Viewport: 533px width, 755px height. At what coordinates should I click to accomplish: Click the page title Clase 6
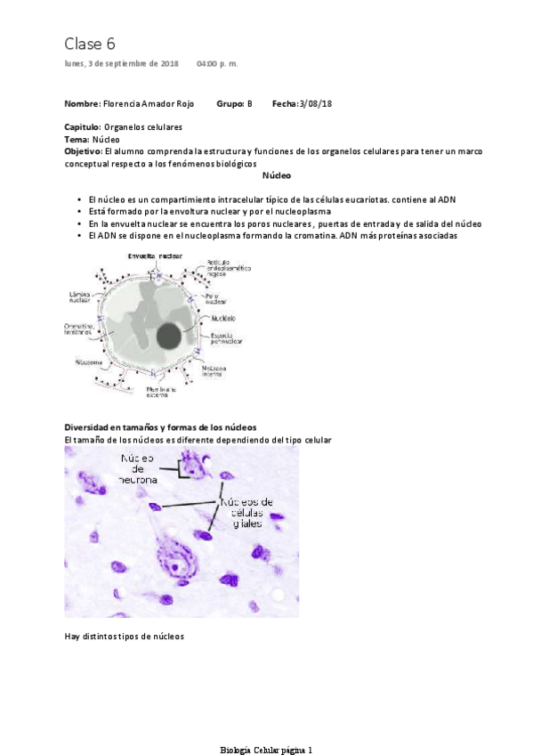click(90, 44)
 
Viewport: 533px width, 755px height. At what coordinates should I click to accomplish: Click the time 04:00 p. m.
click(217, 64)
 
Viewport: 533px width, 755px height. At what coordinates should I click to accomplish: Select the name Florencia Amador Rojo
click(149, 104)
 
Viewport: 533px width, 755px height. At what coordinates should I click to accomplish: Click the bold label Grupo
click(230, 104)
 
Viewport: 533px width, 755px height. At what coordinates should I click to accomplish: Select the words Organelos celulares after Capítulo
click(143, 128)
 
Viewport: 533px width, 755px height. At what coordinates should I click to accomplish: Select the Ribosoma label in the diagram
click(76, 362)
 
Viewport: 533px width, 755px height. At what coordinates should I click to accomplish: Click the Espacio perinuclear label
click(228, 337)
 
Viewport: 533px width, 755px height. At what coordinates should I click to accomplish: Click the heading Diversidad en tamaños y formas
click(161, 427)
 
